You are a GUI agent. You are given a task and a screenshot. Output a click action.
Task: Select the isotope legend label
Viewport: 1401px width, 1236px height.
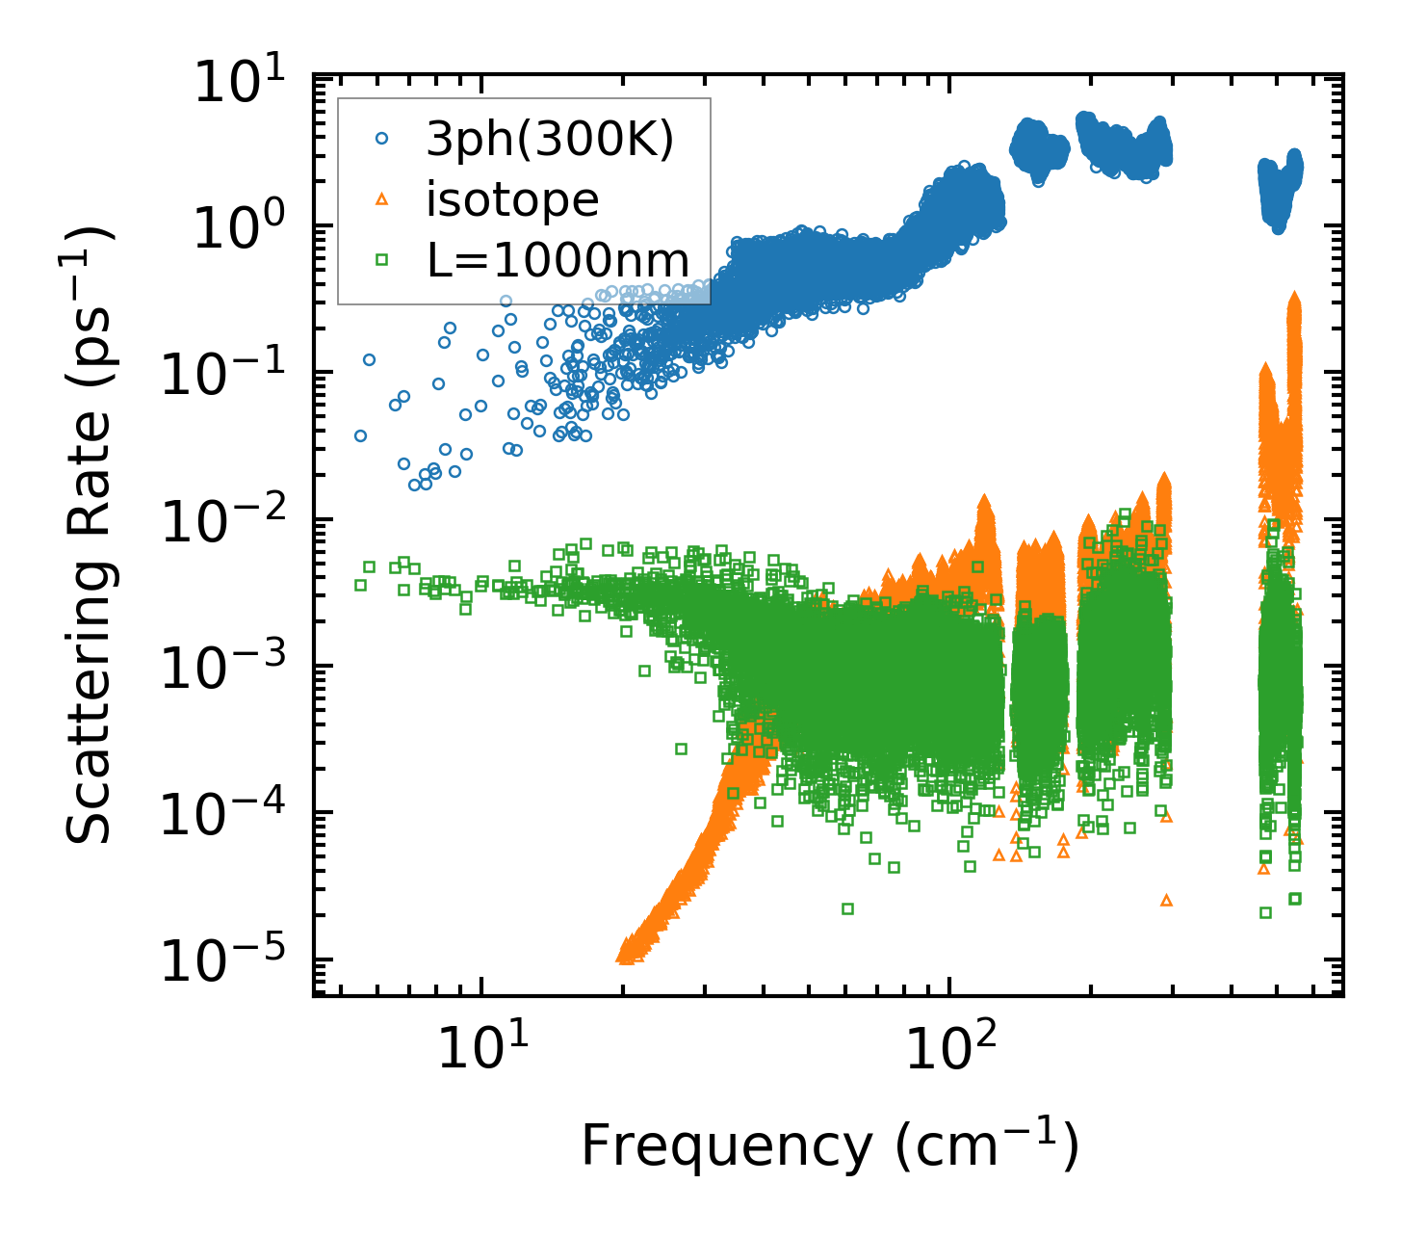tap(513, 200)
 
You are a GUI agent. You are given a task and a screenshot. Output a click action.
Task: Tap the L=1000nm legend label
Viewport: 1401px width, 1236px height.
tap(558, 260)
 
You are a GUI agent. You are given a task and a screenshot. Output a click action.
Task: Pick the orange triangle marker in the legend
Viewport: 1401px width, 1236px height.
tap(382, 199)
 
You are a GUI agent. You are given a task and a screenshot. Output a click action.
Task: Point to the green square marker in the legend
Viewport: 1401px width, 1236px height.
tap(382, 259)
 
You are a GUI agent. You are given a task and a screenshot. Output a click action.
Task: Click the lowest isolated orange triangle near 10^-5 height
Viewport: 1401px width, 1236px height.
tap(1167, 900)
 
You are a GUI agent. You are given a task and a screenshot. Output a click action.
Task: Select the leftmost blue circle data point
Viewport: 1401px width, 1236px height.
tap(361, 435)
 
